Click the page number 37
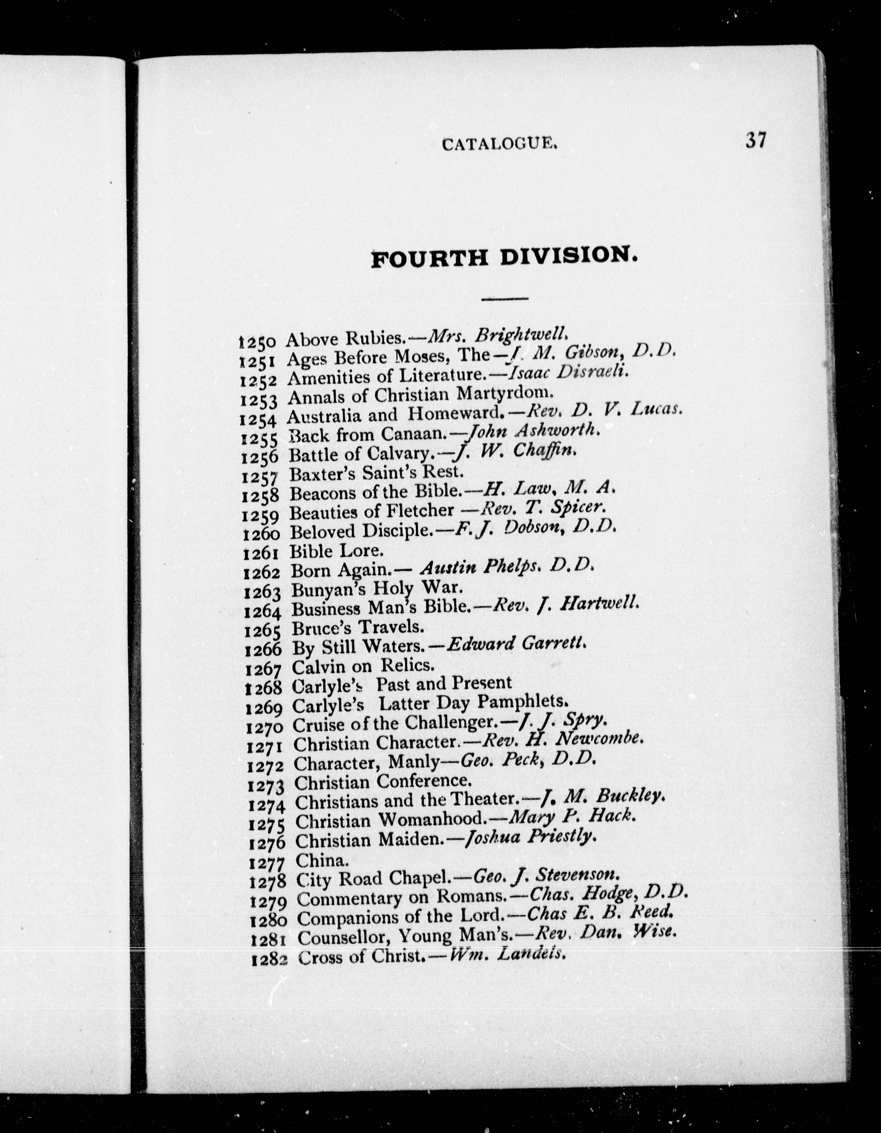pyautogui.click(x=755, y=140)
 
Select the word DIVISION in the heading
pyautogui.click(x=568, y=256)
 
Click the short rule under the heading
pyautogui.click(x=504, y=298)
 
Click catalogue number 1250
pyautogui.click(x=260, y=343)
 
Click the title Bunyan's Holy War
pyautogui.click(x=376, y=589)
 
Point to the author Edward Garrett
pyautogui.click(x=517, y=645)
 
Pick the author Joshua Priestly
pyautogui.click(x=529, y=837)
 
